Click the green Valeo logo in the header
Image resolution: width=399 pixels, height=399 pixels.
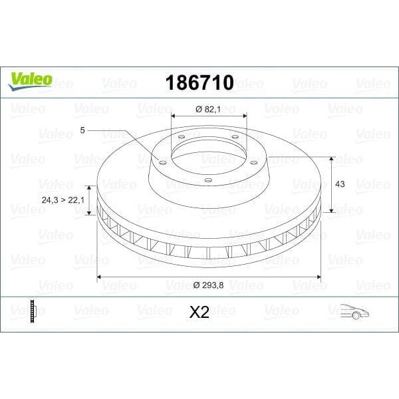pyautogui.click(x=30, y=80)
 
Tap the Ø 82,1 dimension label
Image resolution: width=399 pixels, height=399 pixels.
pyautogui.click(x=209, y=109)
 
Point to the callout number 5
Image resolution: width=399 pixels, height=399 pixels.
pyautogui.click(x=82, y=131)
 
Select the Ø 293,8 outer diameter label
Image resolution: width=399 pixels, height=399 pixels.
pyautogui.click(x=209, y=285)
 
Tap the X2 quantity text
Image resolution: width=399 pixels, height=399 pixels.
pyautogui.click(x=199, y=312)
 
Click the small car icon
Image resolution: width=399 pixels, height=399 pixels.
pyautogui.click(x=354, y=311)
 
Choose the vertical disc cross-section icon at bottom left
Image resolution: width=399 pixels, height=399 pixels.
pyautogui.click(x=31, y=311)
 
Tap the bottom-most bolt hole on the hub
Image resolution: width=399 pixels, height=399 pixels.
pyautogui.click(x=207, y=180)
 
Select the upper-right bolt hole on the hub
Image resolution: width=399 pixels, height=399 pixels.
pyautogui.click(x=235, y=137)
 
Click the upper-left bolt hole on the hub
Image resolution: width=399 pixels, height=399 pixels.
pyautogui.click(x=181, y=138)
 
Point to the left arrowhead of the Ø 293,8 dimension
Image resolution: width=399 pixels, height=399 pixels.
pyautogui.click(x=100, y=275)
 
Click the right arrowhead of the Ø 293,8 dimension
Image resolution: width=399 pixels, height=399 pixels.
pyautogui.click(x=319, y=275)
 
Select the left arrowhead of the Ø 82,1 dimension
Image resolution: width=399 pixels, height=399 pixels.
pyautogui.click(x=174, y=116)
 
